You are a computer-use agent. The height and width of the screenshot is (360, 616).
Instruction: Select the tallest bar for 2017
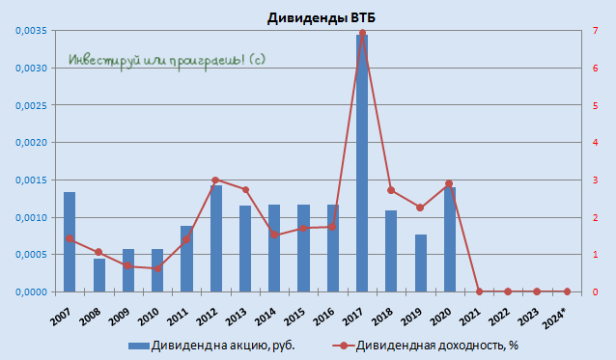(361, 164)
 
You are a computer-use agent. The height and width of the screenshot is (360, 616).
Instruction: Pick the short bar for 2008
(98, 275)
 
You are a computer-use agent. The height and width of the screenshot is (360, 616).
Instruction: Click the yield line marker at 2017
(361, 33)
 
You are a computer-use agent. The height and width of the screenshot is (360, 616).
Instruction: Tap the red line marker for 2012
(215, 180)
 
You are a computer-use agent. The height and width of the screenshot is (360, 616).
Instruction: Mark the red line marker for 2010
(157, 268)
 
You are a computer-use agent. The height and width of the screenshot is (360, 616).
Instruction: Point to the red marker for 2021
(478, 291)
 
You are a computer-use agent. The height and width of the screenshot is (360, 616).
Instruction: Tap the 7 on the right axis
(596, 31)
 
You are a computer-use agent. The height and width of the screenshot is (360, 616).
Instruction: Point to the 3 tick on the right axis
(596, 180)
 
